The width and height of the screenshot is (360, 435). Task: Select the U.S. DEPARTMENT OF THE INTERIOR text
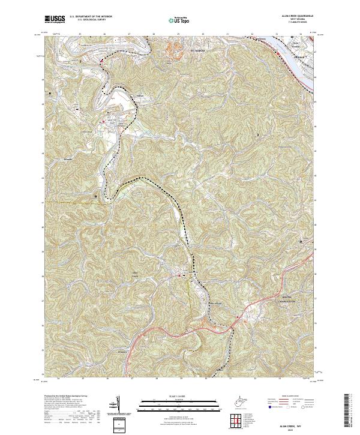91,17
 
